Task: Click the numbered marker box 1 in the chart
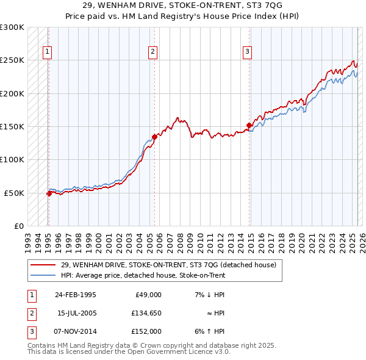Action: [x=48, y=52]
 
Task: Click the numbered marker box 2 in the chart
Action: [x=152, y=52]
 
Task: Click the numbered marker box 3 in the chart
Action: [x=247, y=52]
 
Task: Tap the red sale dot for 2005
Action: [x=155, y=137]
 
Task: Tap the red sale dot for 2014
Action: [x=249, y=126]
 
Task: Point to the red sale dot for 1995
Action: [x=49, y=193]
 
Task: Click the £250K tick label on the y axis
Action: [x=12, y=60]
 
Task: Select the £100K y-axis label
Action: [x=12, y=159]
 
